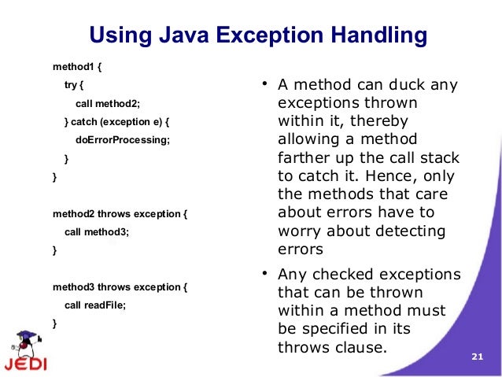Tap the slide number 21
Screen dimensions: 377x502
point(475,357)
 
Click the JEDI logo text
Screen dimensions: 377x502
point(24,364)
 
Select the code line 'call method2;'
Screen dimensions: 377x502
point(107,103)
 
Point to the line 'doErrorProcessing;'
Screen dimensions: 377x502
point(122,140)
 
